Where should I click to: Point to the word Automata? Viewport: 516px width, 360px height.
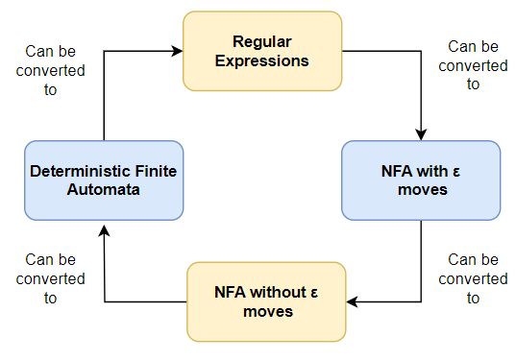click(x=103, y=190)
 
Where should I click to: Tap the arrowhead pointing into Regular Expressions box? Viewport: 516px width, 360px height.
click(x=182, y=52)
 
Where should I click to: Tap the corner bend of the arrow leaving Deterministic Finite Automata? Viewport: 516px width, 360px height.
click(x=104, y=52)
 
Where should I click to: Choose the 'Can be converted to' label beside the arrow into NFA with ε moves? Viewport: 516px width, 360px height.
click(x=472, y=64)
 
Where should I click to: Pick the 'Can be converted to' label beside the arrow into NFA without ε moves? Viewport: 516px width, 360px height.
click(x=472, y=277)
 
